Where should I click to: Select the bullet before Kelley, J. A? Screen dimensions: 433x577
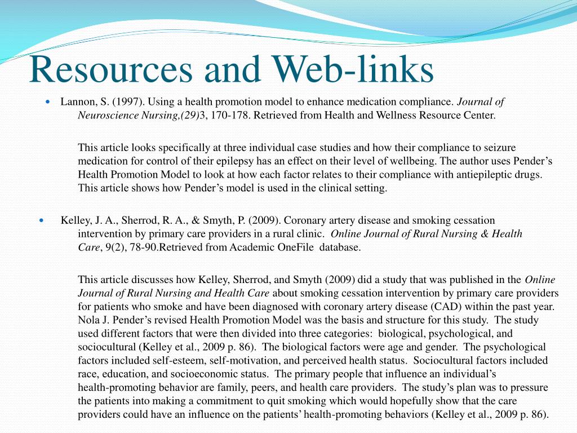(42, 220)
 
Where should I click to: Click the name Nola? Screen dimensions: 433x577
(89, 320)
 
